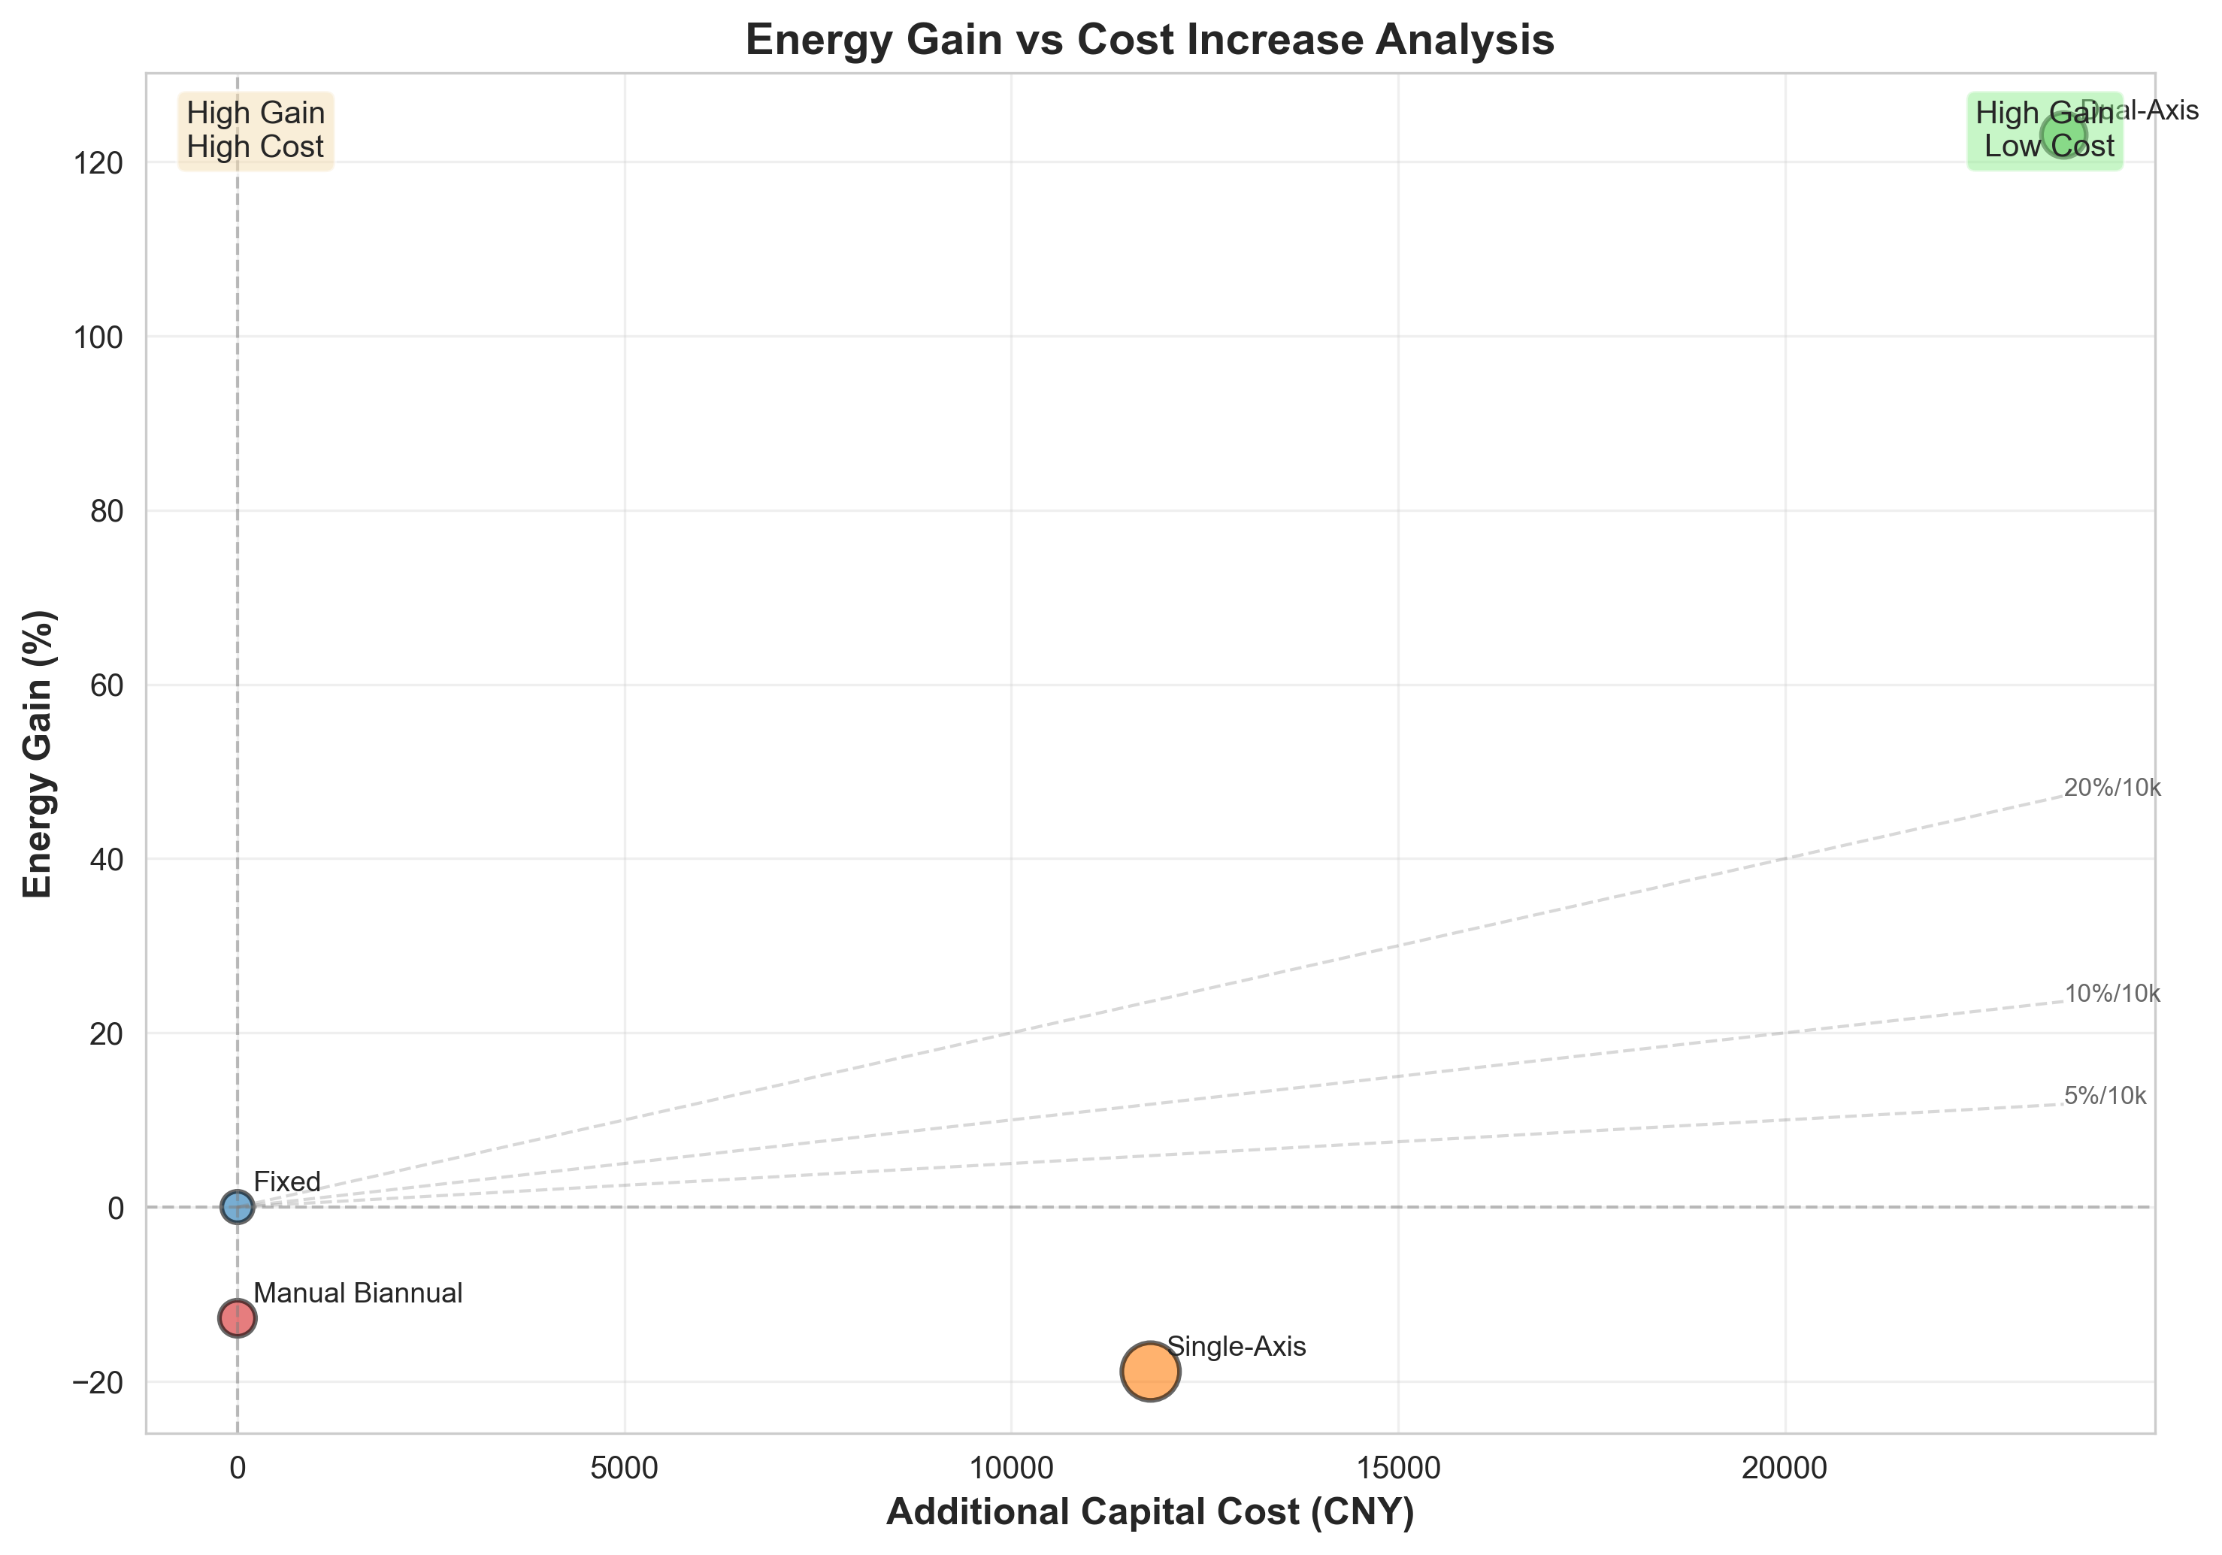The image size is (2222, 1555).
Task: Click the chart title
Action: click(x=1149, y=41)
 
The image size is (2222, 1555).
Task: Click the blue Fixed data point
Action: click(x=237, y=1207)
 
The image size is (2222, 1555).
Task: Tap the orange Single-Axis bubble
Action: click(x=1149, y=1370)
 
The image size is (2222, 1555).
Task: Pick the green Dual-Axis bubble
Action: click(x=2063, y=135)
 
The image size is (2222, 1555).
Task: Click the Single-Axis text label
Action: click(x=1236, y=1346)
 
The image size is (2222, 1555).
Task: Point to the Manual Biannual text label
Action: click(x=358, y=1293)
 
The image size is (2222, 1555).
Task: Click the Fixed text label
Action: click(x=286, y=1181)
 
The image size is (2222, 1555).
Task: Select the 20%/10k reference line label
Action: click(x=2112, y=788)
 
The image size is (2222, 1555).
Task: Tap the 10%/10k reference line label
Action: click(x=2112, y=994)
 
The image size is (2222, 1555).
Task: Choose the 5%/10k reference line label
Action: click(x=2105, y=1097)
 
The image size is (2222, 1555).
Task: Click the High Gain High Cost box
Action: click(x=256, y=131)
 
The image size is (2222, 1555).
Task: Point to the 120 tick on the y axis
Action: click(x=97, y=162)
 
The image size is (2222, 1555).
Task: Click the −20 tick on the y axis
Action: click(x=97, y=1383)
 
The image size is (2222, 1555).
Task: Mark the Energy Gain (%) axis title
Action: click(x=38, y=753)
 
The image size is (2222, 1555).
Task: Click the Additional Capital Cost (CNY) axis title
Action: click(x=1149, y=1512)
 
